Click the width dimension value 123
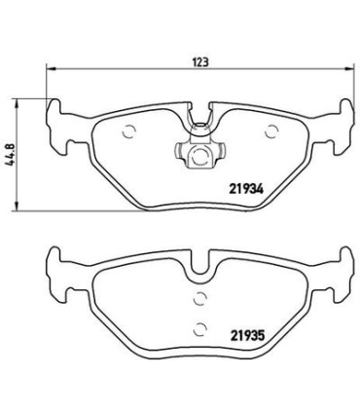pyautogui.click(x=201, y=60)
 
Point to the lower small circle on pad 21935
pyautogui.click(x=198, y=328)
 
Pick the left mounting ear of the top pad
pyautogui.click(x=60, y=121)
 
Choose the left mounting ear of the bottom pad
pyautogui.click(x=60, y=273)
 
